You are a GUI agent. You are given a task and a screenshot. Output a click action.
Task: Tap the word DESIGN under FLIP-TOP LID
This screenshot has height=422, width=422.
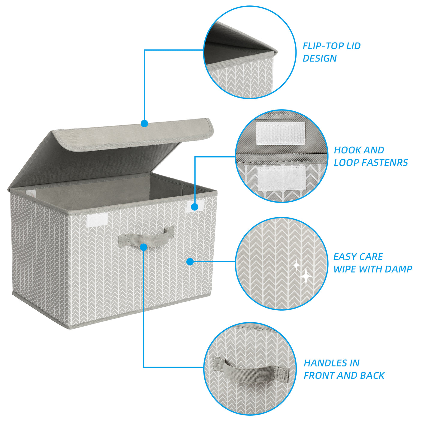[320, 59]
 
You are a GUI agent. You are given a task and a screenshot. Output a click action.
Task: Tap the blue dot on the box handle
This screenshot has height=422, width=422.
[143, 247]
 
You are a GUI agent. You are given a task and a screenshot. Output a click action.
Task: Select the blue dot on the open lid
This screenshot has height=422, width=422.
[145, 124]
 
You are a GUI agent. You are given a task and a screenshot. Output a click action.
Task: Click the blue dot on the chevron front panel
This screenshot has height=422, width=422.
[190, 262]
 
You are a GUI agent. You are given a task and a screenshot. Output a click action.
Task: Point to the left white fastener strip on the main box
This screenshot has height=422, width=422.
[98, 220]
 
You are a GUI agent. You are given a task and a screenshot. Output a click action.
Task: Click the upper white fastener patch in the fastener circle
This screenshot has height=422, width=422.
[281, 133]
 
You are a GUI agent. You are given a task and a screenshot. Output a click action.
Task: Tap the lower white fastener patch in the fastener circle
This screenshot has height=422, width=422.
[282, 178]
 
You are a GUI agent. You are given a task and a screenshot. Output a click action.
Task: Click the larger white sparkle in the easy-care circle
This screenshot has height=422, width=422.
[306, 276]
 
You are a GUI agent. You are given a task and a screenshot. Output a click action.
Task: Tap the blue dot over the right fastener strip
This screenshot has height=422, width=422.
[194, 207]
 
